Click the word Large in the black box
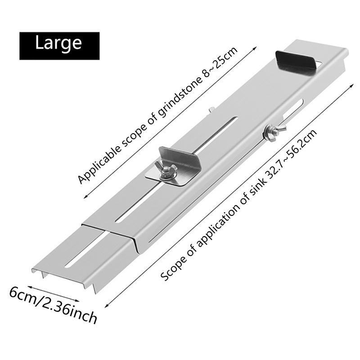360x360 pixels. pos(58,43)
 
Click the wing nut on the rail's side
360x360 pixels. pos(271,133)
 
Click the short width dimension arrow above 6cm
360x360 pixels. pos(54,293)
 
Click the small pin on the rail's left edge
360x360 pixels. pos(211,108)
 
